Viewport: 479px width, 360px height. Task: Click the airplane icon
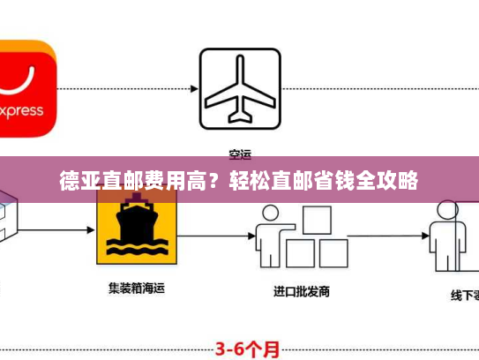point(239,86)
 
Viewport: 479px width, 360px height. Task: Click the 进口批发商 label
point(302,290)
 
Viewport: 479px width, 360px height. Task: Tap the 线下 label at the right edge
point(458,295)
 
